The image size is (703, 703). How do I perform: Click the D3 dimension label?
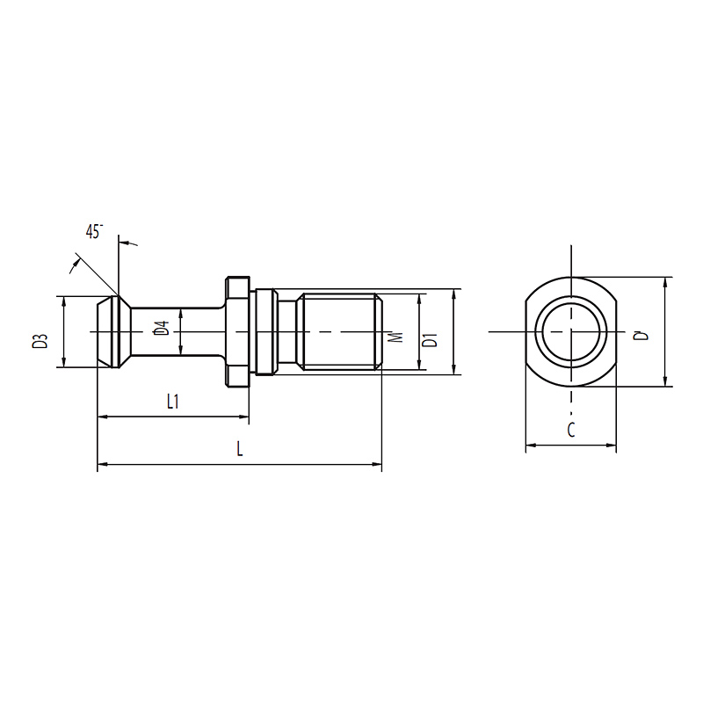click(x=40, y=341)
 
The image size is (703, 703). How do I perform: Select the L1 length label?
click(x=172, y=402)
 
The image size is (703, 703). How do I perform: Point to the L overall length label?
click(x=240, y=449)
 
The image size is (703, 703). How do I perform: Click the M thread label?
click(x=395, y=337)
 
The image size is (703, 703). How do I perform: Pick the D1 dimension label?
click(x=430, y=340)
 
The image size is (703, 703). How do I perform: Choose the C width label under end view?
click(x=570, y=430)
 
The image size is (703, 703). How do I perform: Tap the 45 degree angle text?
click(x=94, y=231)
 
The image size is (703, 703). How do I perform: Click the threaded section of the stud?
click(x=340, y=332)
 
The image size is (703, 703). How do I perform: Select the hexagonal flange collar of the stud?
click(x=236, y=332)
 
